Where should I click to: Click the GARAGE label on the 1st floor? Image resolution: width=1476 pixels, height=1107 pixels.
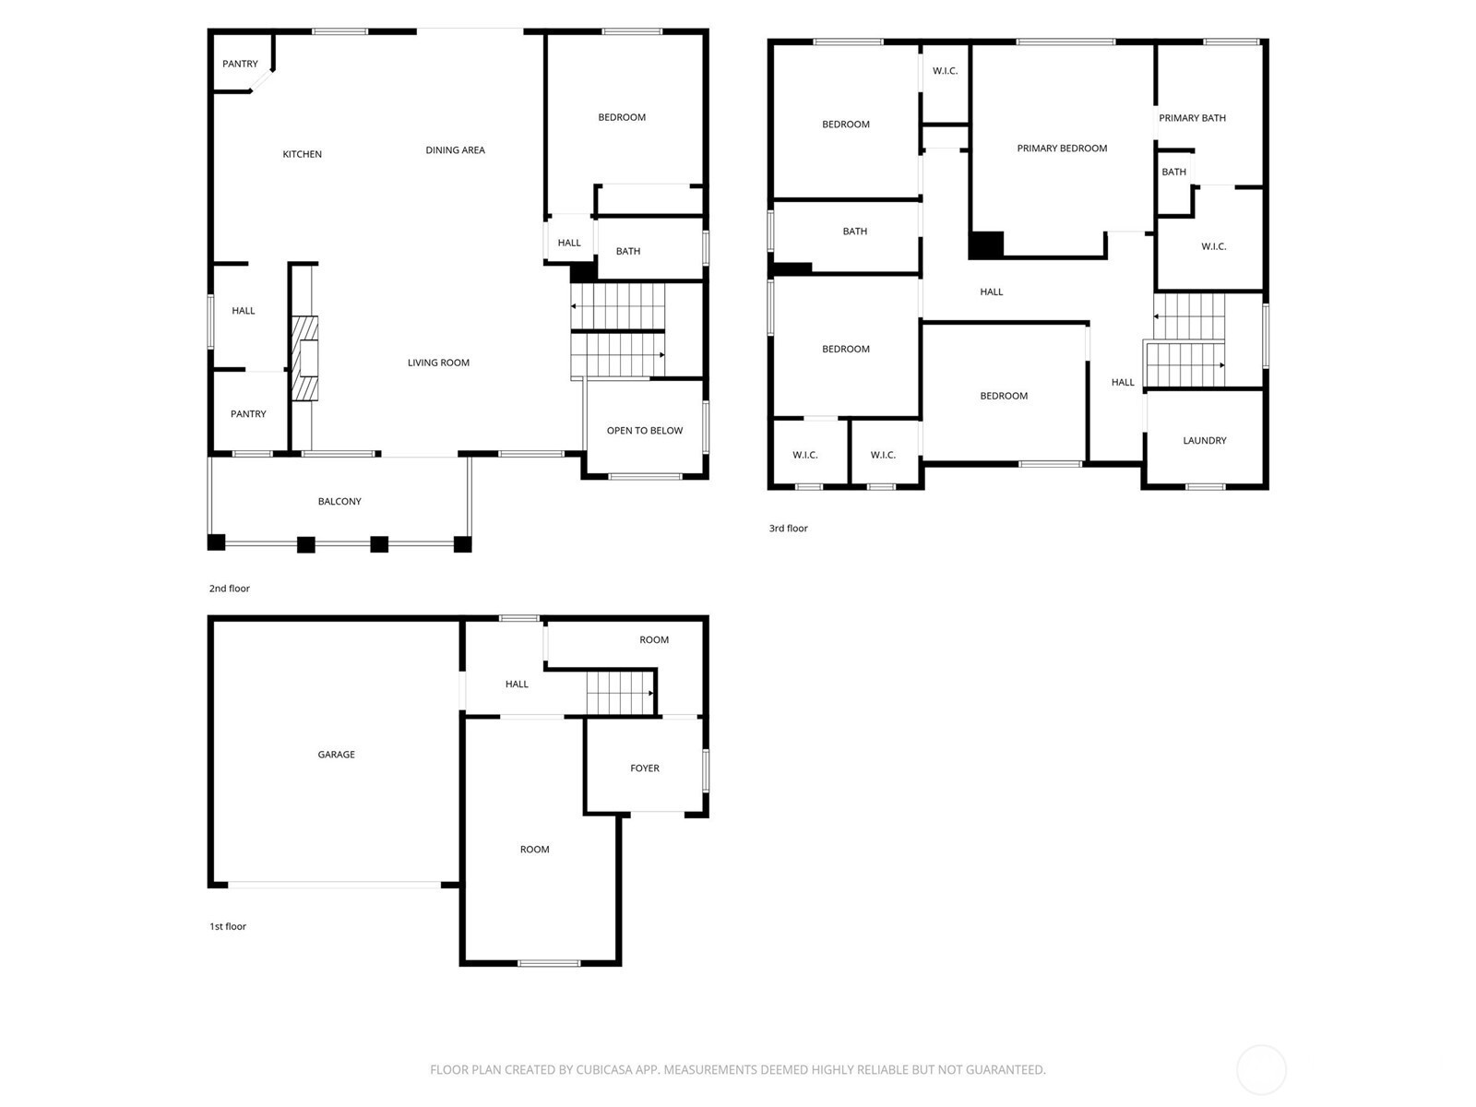(x=336, y=754)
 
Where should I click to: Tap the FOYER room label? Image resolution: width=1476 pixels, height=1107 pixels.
(x=644, y=768)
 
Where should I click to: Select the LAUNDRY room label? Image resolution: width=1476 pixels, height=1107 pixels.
(x=1205, y=440)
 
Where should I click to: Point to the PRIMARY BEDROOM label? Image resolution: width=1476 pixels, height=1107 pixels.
(x=1062, y=148)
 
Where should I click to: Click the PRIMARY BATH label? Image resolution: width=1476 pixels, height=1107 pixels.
(x=1192, y=118)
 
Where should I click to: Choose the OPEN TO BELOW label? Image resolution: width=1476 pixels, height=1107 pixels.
(x=644, y=430)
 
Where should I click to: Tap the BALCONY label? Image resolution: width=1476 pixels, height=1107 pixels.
(x=339, y=501)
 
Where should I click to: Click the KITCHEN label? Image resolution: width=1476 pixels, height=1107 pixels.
(x=302, y=154)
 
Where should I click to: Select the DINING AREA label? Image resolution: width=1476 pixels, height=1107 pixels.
(x=455, y=149)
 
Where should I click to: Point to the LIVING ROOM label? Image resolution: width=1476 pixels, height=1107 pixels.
(x=438, y=363)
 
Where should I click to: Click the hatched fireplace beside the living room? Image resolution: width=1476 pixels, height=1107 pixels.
(x=304, y=358)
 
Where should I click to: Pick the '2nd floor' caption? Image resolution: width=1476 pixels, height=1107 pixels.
(x=230, y=589)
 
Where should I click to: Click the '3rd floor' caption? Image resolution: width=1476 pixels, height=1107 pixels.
(x=788, y=529)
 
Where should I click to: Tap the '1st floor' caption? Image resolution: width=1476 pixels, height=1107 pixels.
(x=228, y=926)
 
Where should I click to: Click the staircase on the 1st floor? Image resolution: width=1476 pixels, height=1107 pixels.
(x=620, y=693)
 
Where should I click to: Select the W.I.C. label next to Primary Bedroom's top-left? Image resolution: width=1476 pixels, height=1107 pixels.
(x=945, y=71)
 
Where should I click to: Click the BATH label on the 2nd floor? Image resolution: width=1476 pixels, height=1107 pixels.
(x=628, y=251)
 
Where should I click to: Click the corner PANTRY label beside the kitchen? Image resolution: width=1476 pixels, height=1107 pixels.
(x=240, y=64)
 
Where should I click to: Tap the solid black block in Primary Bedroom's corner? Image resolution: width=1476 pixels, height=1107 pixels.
(x=986, y=244)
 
